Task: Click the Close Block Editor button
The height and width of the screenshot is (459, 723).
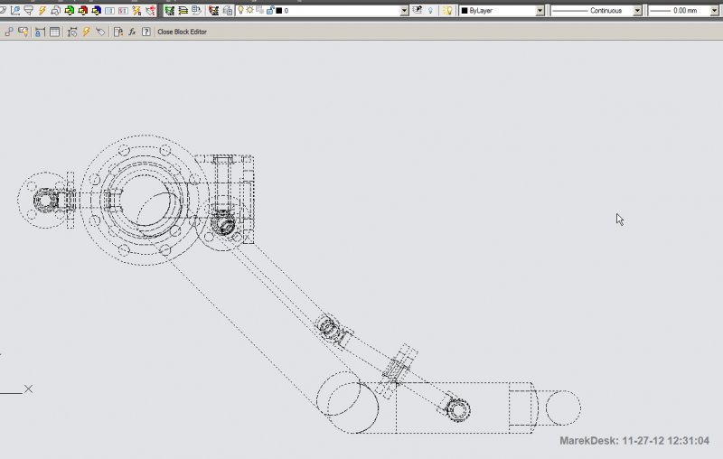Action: tap(182, 32)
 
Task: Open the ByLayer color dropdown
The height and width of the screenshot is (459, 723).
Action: tap(502, 11)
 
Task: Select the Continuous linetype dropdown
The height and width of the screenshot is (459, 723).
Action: tap(596, 11)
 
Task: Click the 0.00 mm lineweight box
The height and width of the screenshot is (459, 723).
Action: tap(684, 11)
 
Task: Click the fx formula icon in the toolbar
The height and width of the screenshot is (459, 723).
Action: tap(132, 32)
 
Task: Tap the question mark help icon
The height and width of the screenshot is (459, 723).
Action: tap(146, 32)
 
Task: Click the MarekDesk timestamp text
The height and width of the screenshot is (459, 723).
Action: tap(634, 441)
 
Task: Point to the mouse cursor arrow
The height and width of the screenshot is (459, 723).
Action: tap(619, 219)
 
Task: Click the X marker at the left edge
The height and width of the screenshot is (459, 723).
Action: tap(28, 389)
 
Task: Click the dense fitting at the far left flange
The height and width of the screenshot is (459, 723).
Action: tap(45, 199)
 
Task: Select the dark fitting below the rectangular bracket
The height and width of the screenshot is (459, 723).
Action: tap(222, 222)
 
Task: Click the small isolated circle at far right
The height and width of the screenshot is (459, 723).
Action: tap(563, 407)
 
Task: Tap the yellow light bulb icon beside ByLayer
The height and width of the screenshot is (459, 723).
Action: tap(446, 11)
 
